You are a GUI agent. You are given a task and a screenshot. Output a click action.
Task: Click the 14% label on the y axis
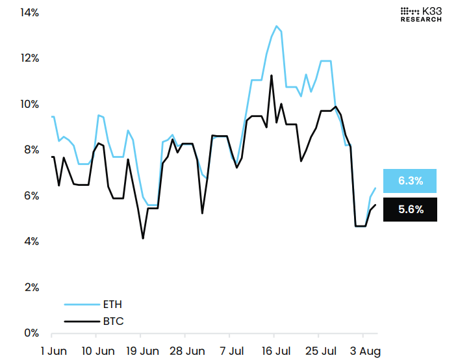click(x=12, y=12)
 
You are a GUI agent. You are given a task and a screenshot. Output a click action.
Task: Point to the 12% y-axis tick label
click(x=12, y=58)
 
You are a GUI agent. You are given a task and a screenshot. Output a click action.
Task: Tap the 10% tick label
click(x=12, y=104)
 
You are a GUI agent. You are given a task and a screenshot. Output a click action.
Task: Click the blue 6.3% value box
click(x=410, y=181)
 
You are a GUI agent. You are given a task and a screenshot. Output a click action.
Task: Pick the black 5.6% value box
click(x=410, y=209)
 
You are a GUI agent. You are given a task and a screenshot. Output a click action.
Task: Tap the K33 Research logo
click(x=420, y=14)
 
